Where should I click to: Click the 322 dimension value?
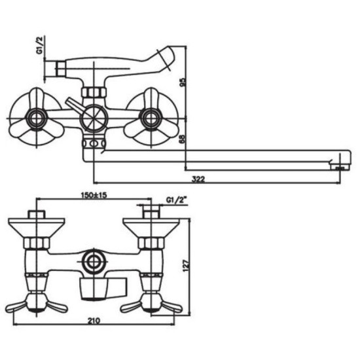pyautogui.click(x=198, y=179)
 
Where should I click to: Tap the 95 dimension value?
pyautogui.click(x=183, y=82)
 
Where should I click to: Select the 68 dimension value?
pyautogui.click(x=183, y=139)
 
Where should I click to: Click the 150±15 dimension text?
pyautogui.click(x=94, y=195)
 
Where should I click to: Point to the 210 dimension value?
pyautogui.click(x=94, y=321)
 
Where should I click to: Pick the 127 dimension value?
pyautogui.click(x=186, y=266)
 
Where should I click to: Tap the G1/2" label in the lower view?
pyautogui.click(x=176, y=200)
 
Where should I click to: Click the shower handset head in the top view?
pyautogui.click(x=166, y=58)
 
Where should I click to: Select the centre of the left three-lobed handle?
pyautogui.click(x=36, y=118)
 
